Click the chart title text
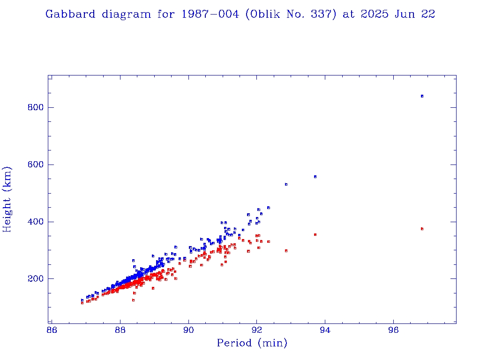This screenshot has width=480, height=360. pos(240,14)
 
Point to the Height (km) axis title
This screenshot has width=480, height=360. pos(7,199)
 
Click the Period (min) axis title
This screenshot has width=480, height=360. pos(252,343)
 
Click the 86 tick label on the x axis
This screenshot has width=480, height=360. pos(52,330)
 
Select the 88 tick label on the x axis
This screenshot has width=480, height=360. pos(120,330)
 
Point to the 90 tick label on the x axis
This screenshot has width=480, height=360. pos(188,330)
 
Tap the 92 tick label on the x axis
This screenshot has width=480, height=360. pos(257,330)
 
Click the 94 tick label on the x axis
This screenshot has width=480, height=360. pos(325,330)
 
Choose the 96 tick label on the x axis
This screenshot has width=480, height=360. pos(393,330)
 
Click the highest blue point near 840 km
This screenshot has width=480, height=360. pos(422,96)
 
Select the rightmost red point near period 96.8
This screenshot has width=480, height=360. pos(422,229)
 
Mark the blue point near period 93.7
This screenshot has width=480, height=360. pos(315,177)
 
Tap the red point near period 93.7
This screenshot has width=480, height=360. pos(315,234)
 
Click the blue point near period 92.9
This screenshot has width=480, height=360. pos(286,184)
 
